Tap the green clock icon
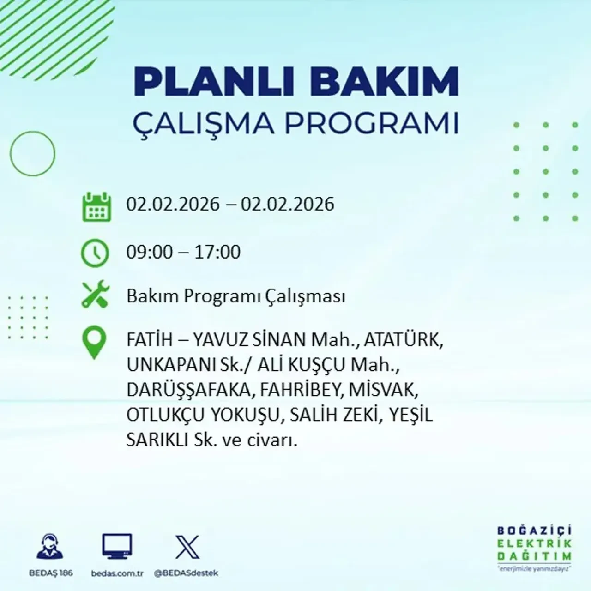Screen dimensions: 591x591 pyautogui.click(x=95, y=253)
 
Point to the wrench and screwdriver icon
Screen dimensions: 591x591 pyautogui.click(x=95, y=295)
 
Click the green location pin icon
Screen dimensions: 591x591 pyautogui.click(x=94, y=343)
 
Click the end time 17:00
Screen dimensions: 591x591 pyautogui.click(x=218, y=253)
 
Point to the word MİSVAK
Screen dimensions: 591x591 pyautogui.click(x=384, y=390)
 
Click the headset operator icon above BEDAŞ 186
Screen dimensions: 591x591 pyautogui.click(x=50, y=547)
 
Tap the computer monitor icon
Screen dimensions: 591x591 pyautogui.click(x=117, y=547)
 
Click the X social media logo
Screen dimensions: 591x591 pyautogui.click(x=187, y=547)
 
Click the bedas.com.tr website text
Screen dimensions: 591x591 pyautogui.click(x=117, y=573)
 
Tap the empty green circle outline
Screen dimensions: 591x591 pyautogui.click(x=32, y=154)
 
